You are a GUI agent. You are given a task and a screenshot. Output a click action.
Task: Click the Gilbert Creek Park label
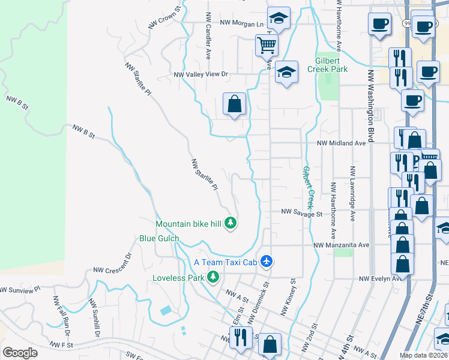332,65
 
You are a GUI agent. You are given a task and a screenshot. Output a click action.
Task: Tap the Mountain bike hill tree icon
231,224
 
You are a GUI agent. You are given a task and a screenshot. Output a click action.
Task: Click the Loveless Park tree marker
212,277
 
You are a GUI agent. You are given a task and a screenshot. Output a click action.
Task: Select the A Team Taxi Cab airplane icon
267,262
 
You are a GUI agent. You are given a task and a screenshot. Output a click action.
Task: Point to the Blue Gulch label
159,238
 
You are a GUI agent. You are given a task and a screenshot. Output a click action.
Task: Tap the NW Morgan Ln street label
242,23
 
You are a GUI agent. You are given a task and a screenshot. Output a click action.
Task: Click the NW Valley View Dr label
202,75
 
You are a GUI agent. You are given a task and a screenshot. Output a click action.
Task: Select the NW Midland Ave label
341,143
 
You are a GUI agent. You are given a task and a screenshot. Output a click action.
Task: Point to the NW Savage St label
302,212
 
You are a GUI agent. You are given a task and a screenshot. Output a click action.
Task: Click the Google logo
20,353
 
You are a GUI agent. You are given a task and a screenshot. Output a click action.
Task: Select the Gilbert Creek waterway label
308,183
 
